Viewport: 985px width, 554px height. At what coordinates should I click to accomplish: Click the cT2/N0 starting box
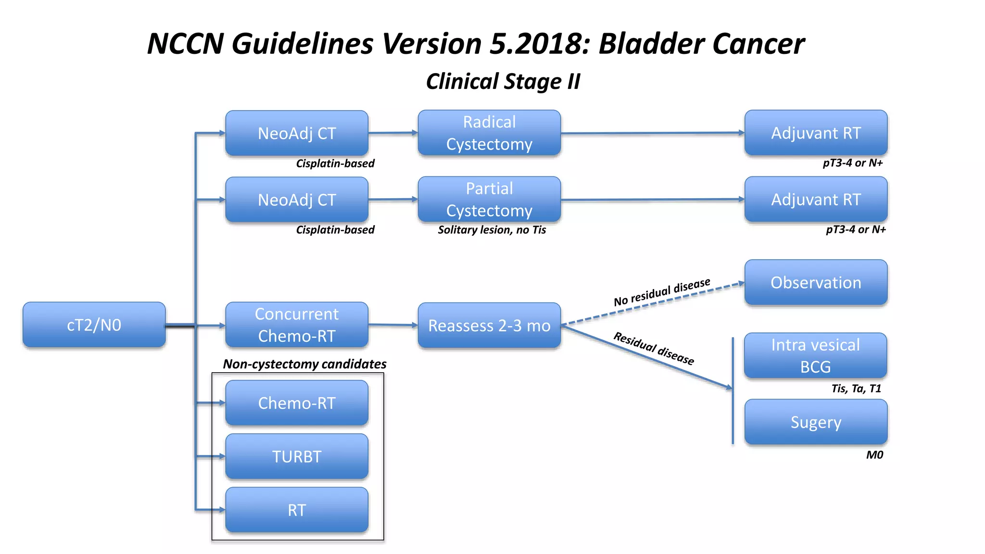click(94, 325)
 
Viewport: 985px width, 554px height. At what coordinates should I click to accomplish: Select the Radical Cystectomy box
click(489, 133)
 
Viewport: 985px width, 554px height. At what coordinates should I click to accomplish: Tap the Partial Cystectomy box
click(489, 200)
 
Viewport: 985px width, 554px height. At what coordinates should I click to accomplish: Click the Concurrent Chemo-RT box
click(297, 325)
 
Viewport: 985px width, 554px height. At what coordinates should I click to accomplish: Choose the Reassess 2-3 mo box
click(489, 326)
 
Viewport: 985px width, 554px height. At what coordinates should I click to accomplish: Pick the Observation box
click(816, 283)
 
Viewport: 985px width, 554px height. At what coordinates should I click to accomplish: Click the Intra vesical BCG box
click(815, 356)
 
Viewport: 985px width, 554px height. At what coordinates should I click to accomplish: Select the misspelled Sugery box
click(816, 422)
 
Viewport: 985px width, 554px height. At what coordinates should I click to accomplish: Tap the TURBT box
click(297, 456)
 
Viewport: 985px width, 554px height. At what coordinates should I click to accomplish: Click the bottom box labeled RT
click(297, 510)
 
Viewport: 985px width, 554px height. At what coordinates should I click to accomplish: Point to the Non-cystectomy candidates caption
click(304, 364)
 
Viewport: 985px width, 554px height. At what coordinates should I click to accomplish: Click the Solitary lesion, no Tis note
click(492, 230)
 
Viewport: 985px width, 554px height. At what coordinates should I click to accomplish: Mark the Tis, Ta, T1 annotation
click(856, 389)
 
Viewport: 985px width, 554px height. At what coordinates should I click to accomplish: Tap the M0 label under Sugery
click(874, 455)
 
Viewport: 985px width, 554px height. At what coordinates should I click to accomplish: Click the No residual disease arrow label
click(662, 292)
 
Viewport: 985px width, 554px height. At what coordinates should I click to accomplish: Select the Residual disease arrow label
click(654, 349)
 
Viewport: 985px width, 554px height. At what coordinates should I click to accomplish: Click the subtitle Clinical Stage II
click(503, 81)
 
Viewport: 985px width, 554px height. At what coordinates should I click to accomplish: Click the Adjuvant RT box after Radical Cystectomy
click(816, 133)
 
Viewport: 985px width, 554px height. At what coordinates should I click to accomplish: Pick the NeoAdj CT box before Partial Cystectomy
click(297, 200)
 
